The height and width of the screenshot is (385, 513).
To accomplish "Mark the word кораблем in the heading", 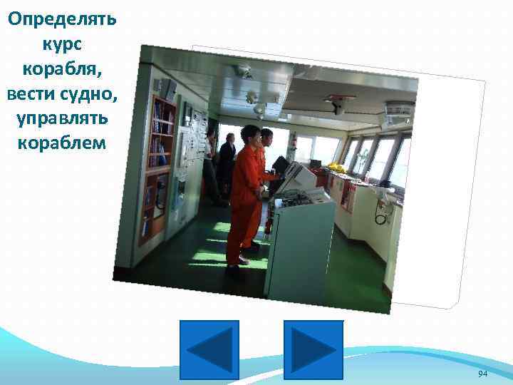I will pos(60,143).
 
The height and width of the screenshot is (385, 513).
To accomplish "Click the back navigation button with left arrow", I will pos(209,349).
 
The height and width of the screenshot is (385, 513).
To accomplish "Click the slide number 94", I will pos(482,374).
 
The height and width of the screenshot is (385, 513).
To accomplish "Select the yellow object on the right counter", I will pos(335,168).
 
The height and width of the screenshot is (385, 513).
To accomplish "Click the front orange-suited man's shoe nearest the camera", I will pos(233,271).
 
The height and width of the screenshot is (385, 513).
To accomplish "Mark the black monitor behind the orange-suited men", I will pos(281,165).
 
